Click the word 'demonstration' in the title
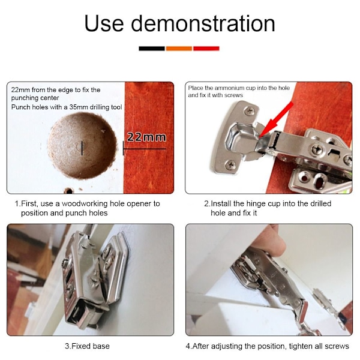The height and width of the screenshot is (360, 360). pos(203,23)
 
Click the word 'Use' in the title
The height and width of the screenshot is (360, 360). pos(104,23)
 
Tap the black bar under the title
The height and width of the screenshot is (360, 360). pos(152,49)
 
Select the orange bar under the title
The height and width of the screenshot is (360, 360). pos(179,49)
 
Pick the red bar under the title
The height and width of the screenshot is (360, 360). pos(206,49)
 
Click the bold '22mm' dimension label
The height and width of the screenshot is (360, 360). pos(146,137)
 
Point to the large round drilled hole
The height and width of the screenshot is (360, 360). pos(82,146)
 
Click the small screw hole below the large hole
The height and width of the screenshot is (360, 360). pos(69,190)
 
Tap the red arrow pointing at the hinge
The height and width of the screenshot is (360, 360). pos(276,120)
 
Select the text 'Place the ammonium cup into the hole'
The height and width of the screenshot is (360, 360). pos(239,88)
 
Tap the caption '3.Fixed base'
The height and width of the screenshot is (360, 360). pos(87,346)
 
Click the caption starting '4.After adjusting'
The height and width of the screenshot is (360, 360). pos(267,346)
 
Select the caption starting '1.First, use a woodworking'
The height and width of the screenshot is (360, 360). pos(87,208)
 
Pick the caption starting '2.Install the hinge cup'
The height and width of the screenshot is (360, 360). pos(268,208)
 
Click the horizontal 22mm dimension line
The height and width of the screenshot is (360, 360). pos(145,149)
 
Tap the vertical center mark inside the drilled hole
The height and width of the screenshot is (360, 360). pos(82,148)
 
